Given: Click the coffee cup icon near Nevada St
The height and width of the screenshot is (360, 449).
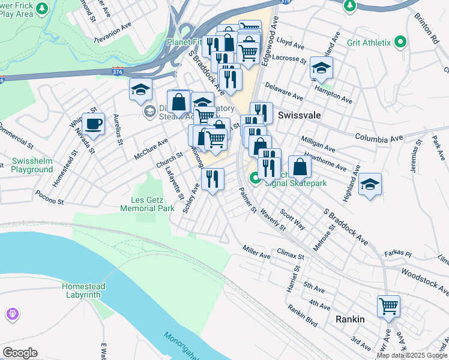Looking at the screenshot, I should tap(93, 124).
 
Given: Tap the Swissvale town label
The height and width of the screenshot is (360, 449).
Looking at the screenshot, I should tap(298, 115).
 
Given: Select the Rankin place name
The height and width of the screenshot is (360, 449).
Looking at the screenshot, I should tap(350, 319).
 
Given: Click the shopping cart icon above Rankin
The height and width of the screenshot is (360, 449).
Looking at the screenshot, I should tap(388, 306).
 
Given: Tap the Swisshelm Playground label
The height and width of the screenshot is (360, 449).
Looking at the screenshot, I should tap(32, 166).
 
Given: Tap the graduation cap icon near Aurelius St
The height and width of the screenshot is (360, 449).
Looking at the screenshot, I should tap(140, 90).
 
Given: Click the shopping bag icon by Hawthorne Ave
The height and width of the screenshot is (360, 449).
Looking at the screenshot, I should tap(300, 167).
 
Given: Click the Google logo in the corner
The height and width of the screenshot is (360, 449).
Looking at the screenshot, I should tap(20, 353).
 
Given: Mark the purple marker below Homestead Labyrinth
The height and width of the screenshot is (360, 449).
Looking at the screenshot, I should tap(13, 314).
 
